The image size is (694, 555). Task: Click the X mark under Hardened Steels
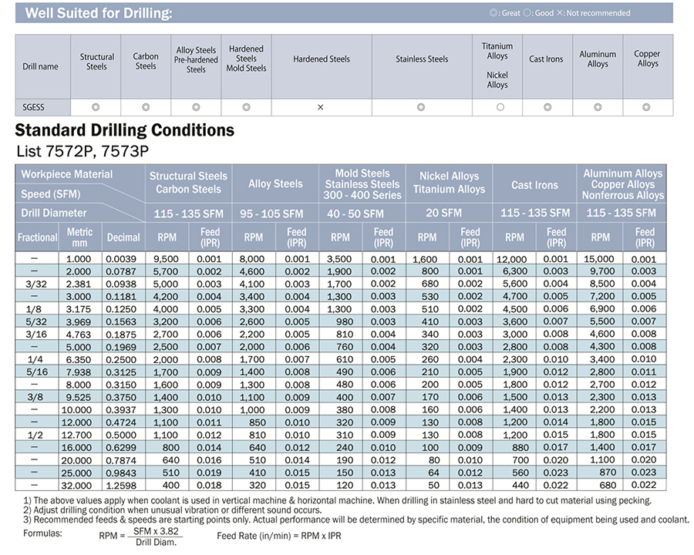pyautogui.click(x=321, y=107)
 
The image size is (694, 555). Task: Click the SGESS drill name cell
pyautogui.click(x=34, y=107)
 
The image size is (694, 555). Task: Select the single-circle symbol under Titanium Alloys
pyautogui.click(x=500, y=107)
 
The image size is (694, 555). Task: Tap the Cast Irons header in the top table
pyautogui.click(x=546, y=59)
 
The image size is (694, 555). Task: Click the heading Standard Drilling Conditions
pyautogui.click(x=125, y=130)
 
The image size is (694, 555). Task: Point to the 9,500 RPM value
pyautogui.click(x=166, y=259)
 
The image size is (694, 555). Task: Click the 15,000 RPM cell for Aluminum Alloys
pyautogui.click(x=599, y=259)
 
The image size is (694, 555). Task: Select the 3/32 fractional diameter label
pyautogui.click(x=35, y=284)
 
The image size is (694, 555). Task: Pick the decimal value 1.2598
pyautogui.click(x=121, y=486)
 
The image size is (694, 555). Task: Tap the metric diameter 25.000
pyautogui.click(x=76, y=473)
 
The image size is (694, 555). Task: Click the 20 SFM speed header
pyautogui.click(x=444, y=213)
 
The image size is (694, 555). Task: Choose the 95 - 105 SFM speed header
pyautogui.click(x=271, y=214)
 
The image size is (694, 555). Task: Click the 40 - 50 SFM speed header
pyautogui.click(x=355, y=214)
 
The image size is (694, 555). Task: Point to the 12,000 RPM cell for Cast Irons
pyautogui.click(x=512, y=259)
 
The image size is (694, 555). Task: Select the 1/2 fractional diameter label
pyautogui.click(x=35, y=435)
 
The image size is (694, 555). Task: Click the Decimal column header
pyautogui.click(x=123, y=237)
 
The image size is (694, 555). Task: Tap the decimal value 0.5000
pyautogui.click(x=121, y=435)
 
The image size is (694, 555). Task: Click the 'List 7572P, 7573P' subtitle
pyautogui.click(x=83, y=151)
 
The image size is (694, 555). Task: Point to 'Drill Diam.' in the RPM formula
pyautogui.click(x=156, y=542)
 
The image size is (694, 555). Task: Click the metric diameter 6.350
pyautogui.click(x=79, y=360)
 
